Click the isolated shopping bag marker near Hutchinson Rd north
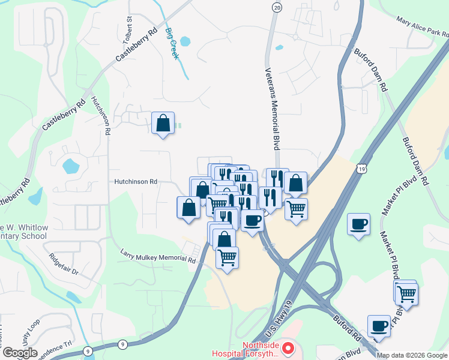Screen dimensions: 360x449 163,124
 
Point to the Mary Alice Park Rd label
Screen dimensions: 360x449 422,28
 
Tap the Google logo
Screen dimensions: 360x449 19,352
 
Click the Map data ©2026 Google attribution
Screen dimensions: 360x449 412,355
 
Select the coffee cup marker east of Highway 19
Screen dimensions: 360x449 359,224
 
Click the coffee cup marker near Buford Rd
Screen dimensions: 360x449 379,326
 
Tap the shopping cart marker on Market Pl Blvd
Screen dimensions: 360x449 407,294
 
